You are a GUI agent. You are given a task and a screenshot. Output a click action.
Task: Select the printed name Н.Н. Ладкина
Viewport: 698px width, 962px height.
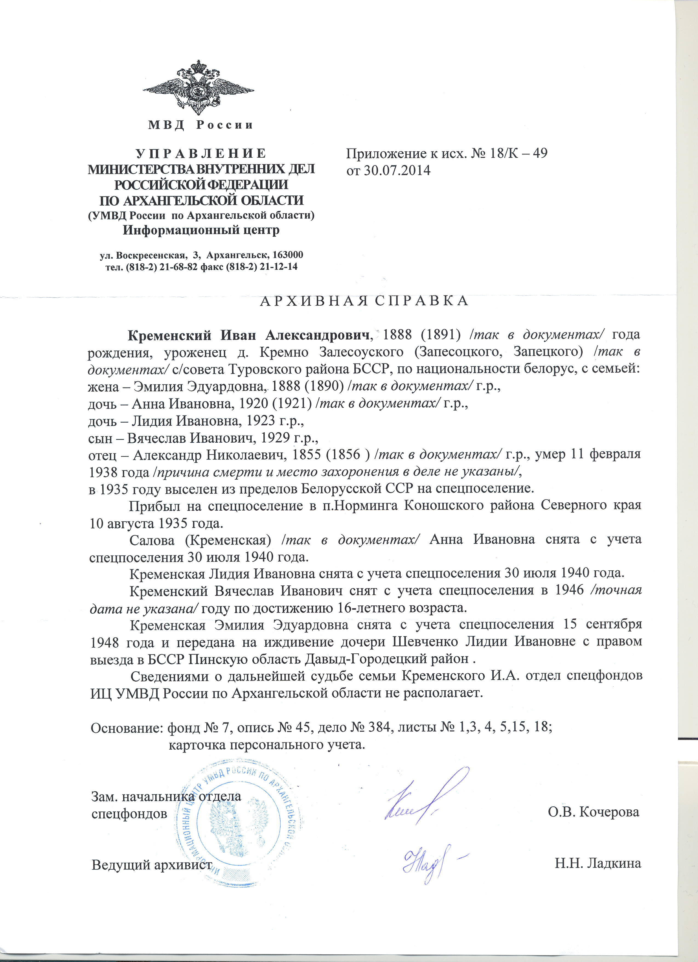coord(597,863)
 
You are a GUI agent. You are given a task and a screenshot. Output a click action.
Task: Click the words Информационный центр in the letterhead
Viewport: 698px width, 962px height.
coord(201,230)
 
